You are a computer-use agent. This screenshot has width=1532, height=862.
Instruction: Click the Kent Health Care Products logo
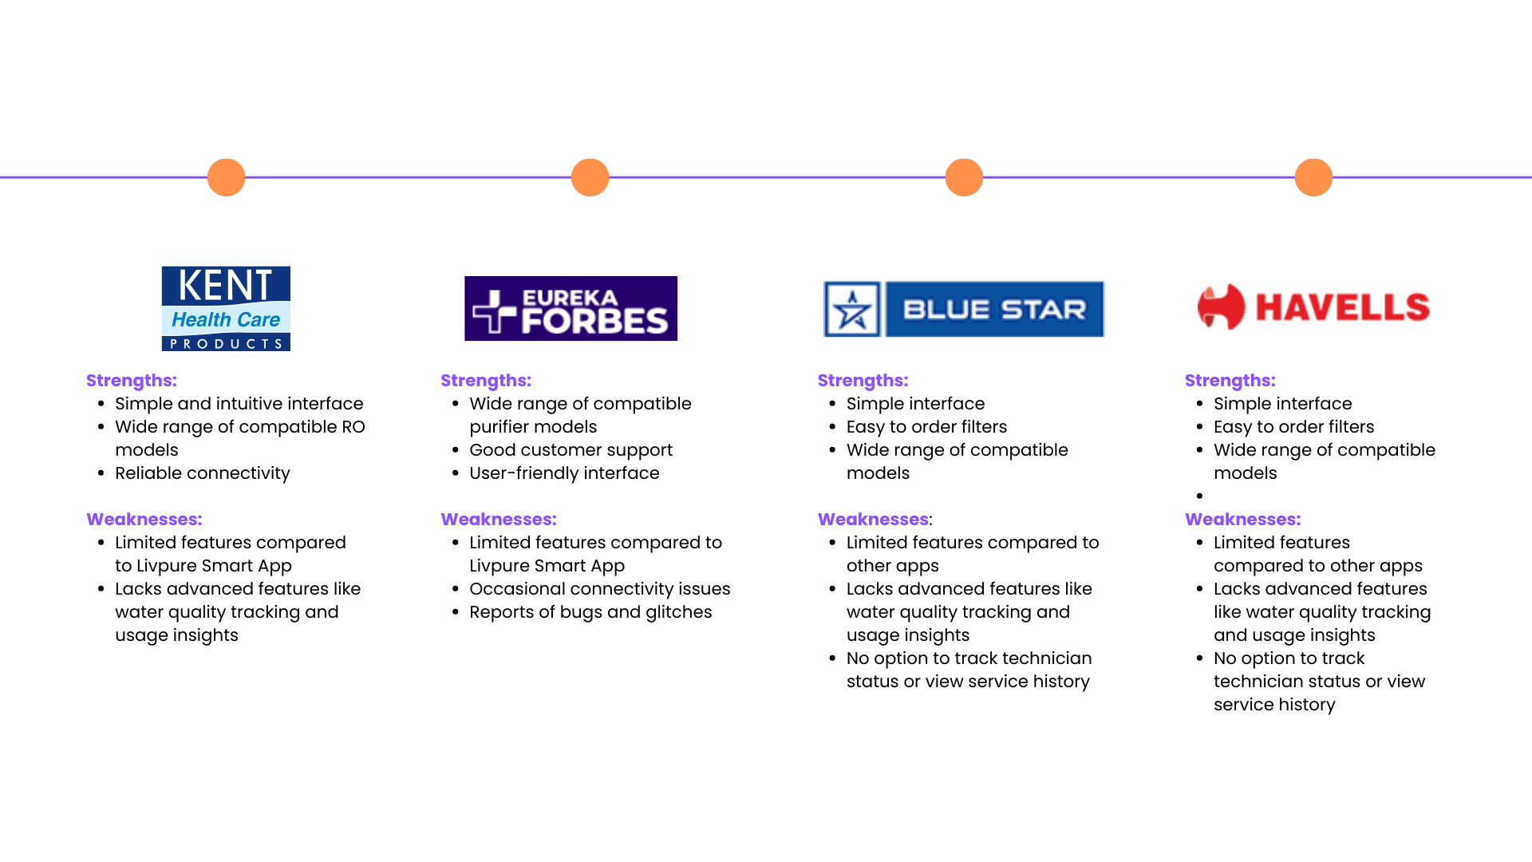tap(226, 308)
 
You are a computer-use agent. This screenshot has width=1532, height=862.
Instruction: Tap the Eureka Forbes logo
tap(571, 308)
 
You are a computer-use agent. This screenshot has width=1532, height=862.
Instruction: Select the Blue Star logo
tap(964, 309)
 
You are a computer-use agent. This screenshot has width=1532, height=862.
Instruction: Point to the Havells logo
tap(1313, 307)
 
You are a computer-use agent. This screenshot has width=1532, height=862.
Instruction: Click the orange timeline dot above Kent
tap(226, 177)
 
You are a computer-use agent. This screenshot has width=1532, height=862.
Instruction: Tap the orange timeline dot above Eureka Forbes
tap(590, 177)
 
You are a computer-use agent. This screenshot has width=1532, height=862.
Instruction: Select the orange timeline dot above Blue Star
tap(964, 177)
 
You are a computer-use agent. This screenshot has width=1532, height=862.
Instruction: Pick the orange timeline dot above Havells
tap(1313, 177)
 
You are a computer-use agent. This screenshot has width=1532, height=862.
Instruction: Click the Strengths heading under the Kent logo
tap(132, 381)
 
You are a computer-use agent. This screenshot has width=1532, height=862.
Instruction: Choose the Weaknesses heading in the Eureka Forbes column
tap(499, 520)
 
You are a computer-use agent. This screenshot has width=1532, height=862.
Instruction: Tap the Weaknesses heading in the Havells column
tap(1242, 520)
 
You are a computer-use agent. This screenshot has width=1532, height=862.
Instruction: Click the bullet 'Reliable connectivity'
tap(203, 473)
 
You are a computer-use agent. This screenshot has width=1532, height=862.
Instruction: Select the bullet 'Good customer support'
tap(571, 450)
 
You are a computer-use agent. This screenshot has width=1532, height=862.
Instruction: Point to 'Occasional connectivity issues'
tap(599, 589)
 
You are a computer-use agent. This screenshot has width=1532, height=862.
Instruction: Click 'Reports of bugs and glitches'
tap(590, 612)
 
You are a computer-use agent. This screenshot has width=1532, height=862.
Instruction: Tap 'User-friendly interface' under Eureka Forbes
tap(564, 473)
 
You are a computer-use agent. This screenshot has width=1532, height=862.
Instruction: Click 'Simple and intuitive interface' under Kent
tap(239, 404)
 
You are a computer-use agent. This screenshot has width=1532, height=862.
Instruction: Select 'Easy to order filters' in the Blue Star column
tap(926, 427)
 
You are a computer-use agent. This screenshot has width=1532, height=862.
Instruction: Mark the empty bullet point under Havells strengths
tap(1200, 496)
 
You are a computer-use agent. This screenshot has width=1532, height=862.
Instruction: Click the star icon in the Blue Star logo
tap(852, 309)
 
